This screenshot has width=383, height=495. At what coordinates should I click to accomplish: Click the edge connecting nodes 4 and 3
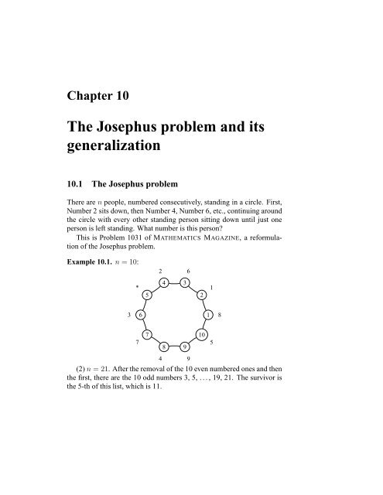point(175,284)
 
